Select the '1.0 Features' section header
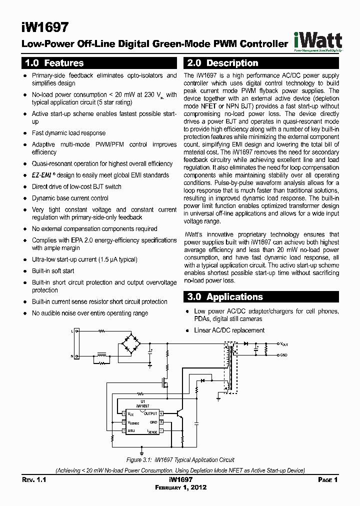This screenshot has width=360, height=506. click(54, 63)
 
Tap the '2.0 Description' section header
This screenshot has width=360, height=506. click(222, 63)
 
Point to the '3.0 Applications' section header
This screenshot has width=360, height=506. click(225, 297)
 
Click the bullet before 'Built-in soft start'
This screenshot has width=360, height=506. click(25, 271)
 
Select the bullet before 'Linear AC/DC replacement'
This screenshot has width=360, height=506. click(187, 330)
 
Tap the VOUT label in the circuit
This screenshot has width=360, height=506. click(284, 344)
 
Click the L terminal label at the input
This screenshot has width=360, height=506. click(72, 331)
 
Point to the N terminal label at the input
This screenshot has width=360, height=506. click(72, 355)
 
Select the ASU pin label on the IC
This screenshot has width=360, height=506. click(131, 430)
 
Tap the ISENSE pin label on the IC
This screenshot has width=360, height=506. click(152, 431)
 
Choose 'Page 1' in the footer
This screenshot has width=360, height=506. click(328, 480)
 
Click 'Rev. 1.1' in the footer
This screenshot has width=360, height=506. click(34, 480)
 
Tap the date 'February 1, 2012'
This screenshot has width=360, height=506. click(180, 487)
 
